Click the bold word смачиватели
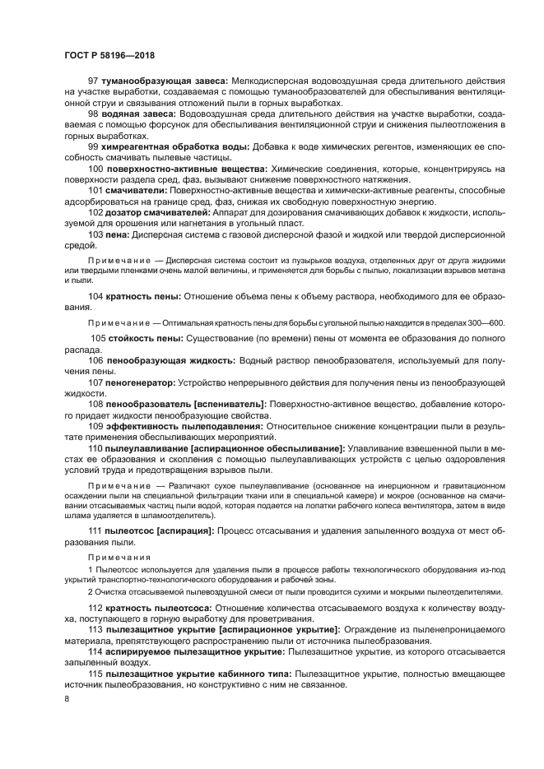(x=134, y=190)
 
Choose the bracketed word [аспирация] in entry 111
(x=185, y=531)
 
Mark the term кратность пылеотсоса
(x=160, y=607)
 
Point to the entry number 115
(x=95, y=673)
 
